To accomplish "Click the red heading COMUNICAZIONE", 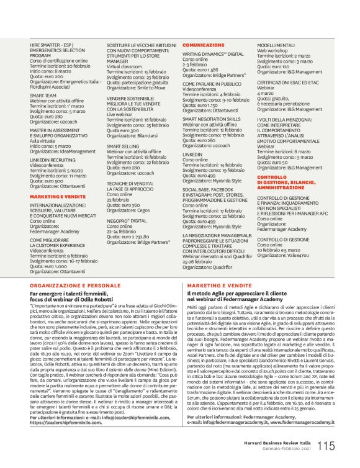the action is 202,45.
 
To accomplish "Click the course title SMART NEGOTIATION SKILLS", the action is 211,118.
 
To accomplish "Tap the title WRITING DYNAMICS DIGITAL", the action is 213,55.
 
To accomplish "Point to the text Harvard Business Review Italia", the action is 281,443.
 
